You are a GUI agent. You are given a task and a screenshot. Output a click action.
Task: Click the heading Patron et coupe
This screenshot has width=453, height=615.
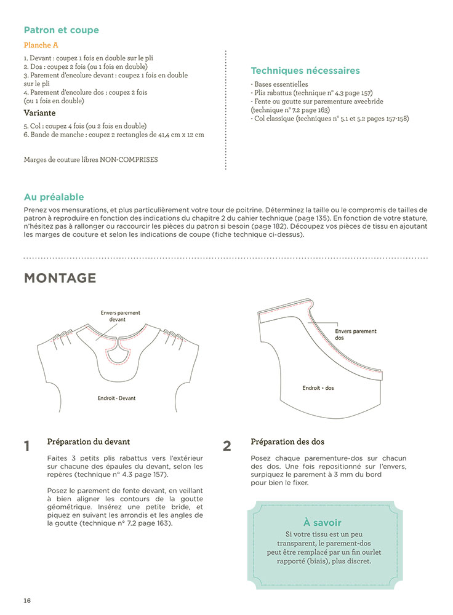coord(61,30)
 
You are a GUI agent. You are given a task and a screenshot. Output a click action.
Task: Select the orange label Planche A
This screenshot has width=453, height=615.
coord(41,46)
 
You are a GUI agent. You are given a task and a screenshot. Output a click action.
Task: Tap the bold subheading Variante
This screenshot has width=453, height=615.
coord(39,113)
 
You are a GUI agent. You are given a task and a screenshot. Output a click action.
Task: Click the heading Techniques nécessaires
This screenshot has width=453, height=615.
coord(305,71)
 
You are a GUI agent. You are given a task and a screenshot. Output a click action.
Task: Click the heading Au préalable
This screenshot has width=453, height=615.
coord(54,197)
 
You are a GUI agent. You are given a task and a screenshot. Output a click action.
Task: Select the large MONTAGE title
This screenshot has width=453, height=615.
coord(60,278)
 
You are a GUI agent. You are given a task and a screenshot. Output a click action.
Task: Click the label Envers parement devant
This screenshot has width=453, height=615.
coord(120,316)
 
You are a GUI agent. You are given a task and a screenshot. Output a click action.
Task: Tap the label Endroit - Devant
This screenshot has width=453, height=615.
coord(116,398)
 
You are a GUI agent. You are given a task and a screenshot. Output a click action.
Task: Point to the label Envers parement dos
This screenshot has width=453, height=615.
coord(356,335)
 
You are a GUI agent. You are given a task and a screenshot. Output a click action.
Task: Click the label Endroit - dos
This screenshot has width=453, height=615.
coord(318,388)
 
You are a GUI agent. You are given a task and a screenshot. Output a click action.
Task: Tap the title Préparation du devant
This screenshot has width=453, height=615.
coord(88,442)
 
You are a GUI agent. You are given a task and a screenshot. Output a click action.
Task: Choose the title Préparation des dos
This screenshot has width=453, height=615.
coord(287,442)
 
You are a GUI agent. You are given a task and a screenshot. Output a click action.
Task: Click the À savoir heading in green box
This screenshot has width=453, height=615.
coord(323,523)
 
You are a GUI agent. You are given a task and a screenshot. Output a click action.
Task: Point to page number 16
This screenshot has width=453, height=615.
coord(27,600)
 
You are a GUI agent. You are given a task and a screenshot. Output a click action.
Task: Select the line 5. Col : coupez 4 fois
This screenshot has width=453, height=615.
coord(85,125)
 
